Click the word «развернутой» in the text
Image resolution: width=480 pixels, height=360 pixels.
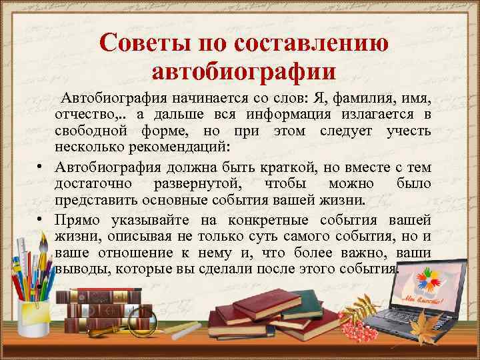tap(193, 183)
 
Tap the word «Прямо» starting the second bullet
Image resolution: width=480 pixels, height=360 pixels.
tap(82, 220)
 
